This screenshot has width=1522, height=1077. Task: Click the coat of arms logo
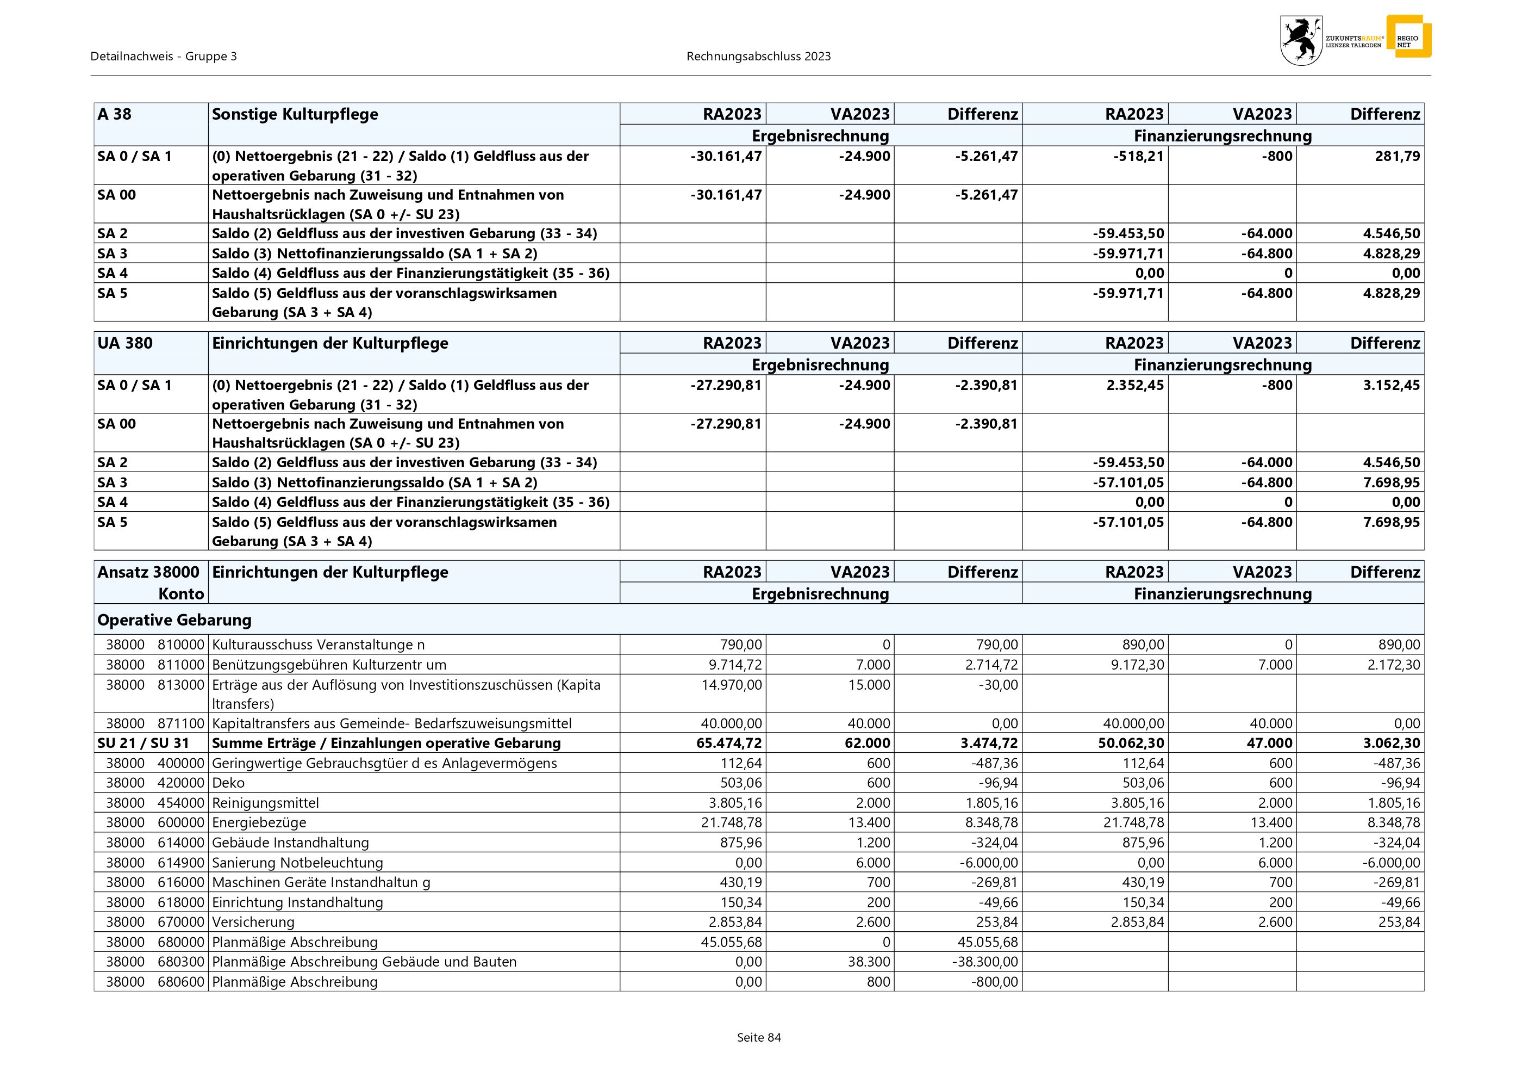coord(1301,40)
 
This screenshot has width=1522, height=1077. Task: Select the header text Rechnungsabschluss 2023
coord(758,57)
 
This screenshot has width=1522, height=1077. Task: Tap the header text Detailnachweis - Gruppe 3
coord(164,57)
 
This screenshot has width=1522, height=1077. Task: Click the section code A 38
coord(115,114)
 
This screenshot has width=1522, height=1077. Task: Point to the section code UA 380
coord(124,343)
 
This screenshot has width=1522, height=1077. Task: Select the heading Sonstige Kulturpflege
coord(295,114)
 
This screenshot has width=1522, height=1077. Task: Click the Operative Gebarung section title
coord(174,620)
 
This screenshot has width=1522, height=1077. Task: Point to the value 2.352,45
coord(1135,385)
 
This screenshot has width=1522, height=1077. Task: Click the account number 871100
coord(181,723)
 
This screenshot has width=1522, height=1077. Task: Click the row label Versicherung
coord(253,922)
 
